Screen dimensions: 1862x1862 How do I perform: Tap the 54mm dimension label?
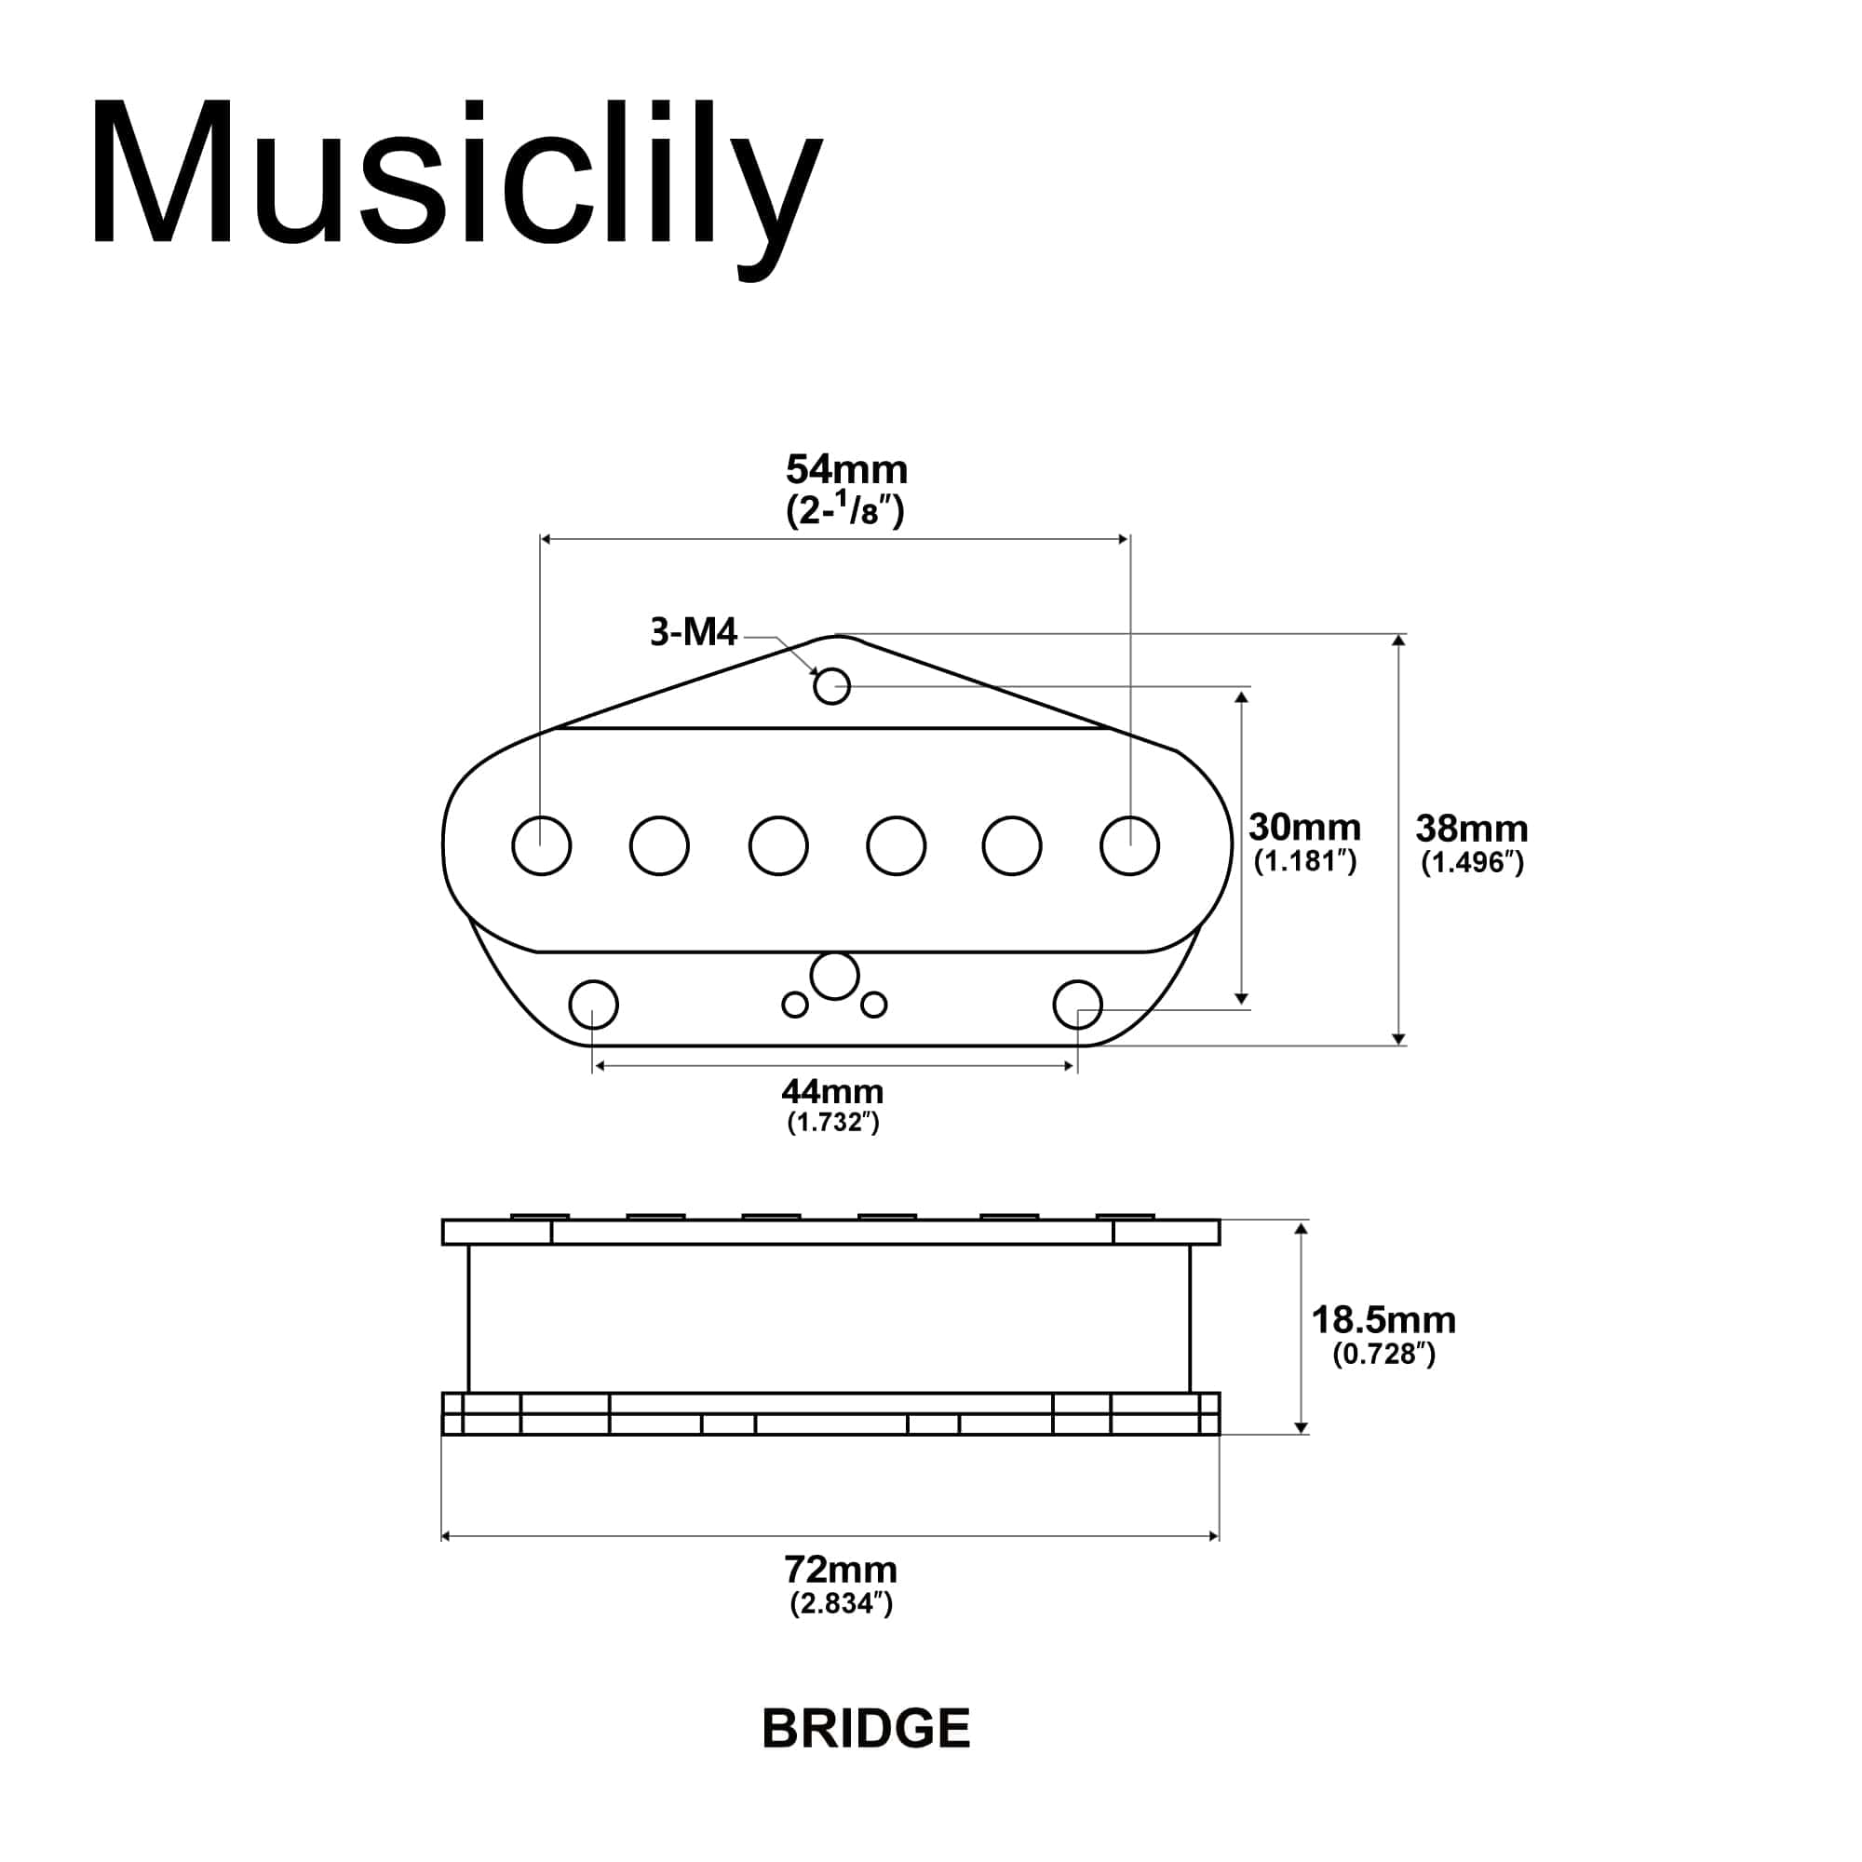coord(846,470)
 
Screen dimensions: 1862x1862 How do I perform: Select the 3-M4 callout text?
coord(693,632)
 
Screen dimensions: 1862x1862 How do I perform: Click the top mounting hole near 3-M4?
coord(831,687)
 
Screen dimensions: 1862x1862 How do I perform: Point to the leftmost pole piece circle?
coord(542,845)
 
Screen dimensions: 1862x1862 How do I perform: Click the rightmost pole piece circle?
coord(1129,845)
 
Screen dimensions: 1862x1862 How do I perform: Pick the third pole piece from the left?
coord(777,845)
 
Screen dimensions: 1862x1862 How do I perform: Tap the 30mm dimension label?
coord(1304,827)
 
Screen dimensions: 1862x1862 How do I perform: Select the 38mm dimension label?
coord(1471,829)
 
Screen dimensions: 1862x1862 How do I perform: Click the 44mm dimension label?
coord(832,1092)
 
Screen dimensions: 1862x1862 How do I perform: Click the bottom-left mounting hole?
coord(594,1005)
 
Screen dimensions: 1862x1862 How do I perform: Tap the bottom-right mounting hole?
coord(1077,1005)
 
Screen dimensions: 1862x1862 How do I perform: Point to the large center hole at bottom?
coord(834,977)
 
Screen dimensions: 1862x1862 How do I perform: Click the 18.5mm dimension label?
coord(1383,1320)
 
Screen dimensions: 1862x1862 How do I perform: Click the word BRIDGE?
coord(866,1729)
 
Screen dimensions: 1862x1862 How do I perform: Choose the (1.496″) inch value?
coord(1473,863)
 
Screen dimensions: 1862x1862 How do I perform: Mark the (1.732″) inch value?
coord(832,1122)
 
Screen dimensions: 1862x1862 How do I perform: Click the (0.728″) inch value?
coord(1384,1354)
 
